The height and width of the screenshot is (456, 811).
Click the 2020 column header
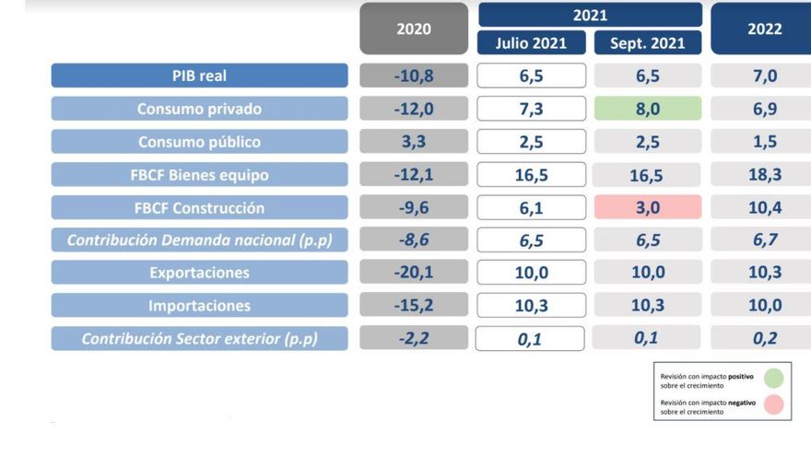pyautogui.click(x=414, y=29)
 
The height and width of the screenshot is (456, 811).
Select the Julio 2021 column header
pyautogui.click(x=531, y=42)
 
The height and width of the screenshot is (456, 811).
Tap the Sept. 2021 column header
pyautogui.click(x=648, y=42)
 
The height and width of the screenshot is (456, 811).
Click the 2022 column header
pyautogui.click(x=763, y=29)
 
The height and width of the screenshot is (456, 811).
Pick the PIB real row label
pyautogui.click(x=199, y=76)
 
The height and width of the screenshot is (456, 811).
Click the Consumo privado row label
pyautogui.click(x=199, y=109)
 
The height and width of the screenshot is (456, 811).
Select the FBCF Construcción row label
pyautogui.click(x=199, y=207)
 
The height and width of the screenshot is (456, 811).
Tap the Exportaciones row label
pyautogui.click(x=199, y=273)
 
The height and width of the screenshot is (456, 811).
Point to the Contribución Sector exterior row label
pyautogui.click(x=199, y=338)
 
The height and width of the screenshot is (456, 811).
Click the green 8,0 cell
pyautogui.click(x=648, y=109)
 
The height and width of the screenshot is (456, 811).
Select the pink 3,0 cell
pyautogui.click(x=648, y=207)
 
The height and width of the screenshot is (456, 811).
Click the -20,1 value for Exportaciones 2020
pyautogui.click(x=414, y=273)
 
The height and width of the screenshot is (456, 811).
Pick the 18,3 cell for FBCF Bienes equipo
pyautogui.click(x=763, y=175)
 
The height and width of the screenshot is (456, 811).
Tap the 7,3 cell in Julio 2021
pyautogui.click(x=531, y=109)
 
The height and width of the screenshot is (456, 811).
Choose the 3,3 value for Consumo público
pyautogui.click(x=414, y=142)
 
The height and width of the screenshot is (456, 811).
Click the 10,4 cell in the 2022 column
pyautogui.click(x=763, y=207)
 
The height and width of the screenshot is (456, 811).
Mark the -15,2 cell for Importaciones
pyautogui.click(x=414, y=306)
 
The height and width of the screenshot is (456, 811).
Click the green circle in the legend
pyautogui.click(x=773, y=379)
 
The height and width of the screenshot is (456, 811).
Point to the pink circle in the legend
pyautogui.click(x=773, y=405)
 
